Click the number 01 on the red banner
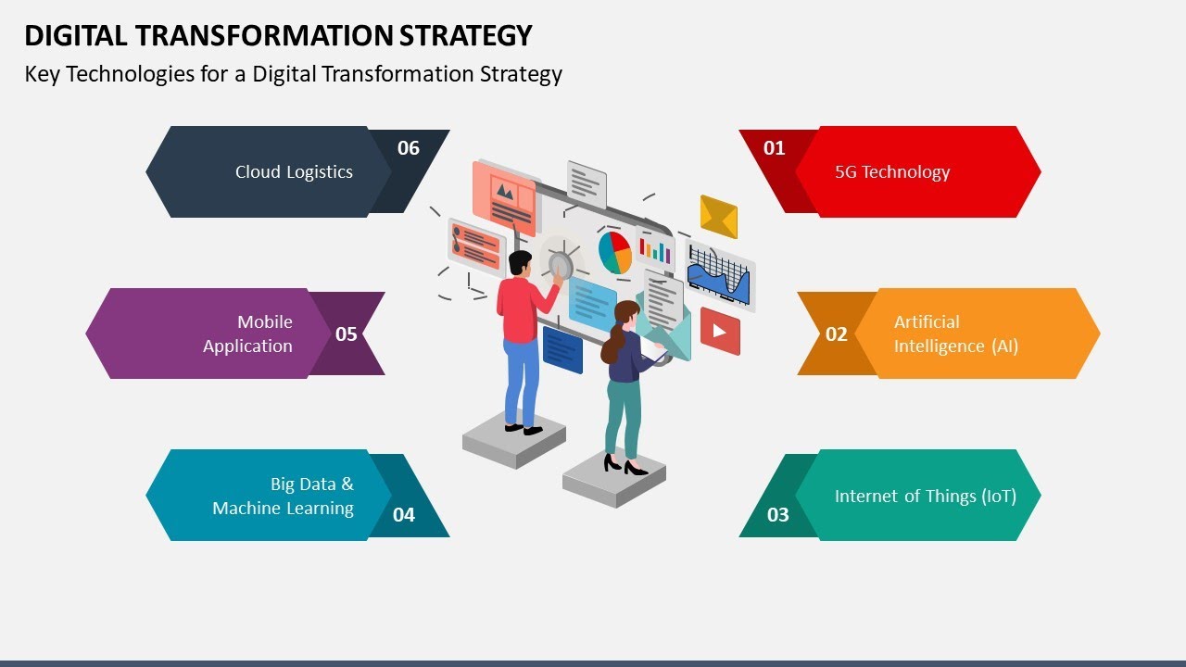(x=774, y=148)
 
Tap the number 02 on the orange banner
(x=837, y=334)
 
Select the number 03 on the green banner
(x=778, y=515)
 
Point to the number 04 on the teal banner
(x=404, y=515)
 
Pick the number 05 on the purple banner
(x=347, y=334)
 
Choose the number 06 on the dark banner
(x=409, y=148)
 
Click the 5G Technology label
(x=892, y=172)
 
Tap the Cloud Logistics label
(x=294, y=172)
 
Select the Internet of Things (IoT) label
(x=925, y=497)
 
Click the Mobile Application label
(x=248, y=334)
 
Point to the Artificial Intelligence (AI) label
(x=955, y=334)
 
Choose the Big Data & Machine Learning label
(x=284, y=497)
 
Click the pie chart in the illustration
(x=615, y=252)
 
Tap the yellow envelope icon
(x=718, y=217)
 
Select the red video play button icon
(x=720, y=331)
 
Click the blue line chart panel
(x=720, y=275)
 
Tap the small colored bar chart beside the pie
(x=656, y=250)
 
